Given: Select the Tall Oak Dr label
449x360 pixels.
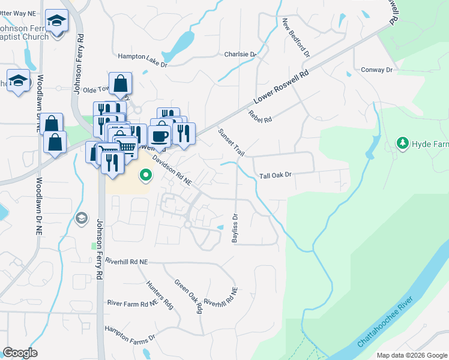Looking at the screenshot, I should pos(275,176).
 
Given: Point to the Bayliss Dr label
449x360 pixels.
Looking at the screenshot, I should pos(235,229).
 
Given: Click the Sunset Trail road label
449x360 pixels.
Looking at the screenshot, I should pos(231,143).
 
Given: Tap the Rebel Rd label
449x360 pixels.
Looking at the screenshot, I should pos(260,117).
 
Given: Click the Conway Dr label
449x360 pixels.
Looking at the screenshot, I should pos(376,70).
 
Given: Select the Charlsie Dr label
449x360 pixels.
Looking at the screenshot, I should pos(240,54).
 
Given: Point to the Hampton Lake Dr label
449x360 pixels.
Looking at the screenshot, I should pos(140,56).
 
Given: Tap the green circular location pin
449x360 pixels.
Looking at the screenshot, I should pos(145,176).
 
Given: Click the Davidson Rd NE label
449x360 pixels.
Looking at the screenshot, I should pos(172,170).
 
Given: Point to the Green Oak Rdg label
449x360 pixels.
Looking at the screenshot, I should pos(188,296).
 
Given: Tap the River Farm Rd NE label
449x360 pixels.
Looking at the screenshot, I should pos(132,304).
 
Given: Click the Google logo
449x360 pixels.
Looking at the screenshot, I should pos(20,353).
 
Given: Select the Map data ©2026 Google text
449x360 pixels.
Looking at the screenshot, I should pos(411,355).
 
